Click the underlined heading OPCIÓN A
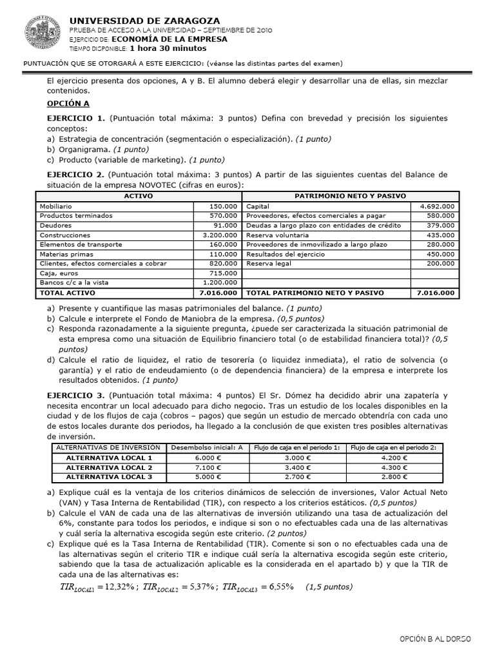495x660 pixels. point(68,103)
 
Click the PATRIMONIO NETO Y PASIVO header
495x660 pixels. point(350,196)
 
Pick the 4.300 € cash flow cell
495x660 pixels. point(394,467)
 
